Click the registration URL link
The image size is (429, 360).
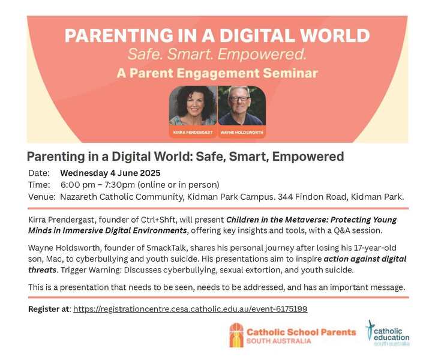[x=190, y=309]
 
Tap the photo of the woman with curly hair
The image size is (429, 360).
[x=193, y=106]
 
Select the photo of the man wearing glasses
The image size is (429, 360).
[x=242, y=106]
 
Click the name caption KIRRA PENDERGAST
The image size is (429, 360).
[x=193, y=133]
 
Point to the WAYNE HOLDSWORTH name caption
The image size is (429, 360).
[x=242, y=133]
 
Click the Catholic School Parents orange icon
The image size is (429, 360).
[x=236, y=335]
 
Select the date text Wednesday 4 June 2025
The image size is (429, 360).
[x=110, y=173]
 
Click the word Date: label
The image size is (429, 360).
[x=39, y=173]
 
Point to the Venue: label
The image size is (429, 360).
[x=42, y=197]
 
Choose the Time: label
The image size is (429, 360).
[x=39, y=185]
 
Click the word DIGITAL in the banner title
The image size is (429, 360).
[x=257, y=35]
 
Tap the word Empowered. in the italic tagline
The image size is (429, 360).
[x=262, y=54]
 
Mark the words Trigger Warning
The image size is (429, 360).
[x=91, y=270]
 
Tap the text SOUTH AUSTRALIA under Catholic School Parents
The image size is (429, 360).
[x=278, y=341]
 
